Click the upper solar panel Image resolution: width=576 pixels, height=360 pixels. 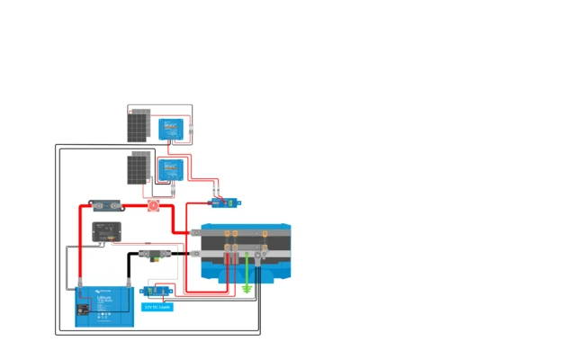(137, 125)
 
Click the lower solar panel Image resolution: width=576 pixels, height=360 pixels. (139, 168)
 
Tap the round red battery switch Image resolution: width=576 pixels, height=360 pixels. (154, 206)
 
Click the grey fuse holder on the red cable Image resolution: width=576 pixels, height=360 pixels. (105, 205)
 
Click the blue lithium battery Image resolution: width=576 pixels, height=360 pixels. (104, 306)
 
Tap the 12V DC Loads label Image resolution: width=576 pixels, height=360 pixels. (157, 307)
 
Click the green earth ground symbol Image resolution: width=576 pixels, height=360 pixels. (247, 288)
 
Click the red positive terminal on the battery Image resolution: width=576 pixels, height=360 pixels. (81, 290)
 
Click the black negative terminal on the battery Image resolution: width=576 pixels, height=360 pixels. (129, 290)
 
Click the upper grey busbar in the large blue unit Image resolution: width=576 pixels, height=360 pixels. (245, 234)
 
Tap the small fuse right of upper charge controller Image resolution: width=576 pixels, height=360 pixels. (197, 130)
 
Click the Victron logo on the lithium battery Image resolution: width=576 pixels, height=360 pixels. (103, 292)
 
